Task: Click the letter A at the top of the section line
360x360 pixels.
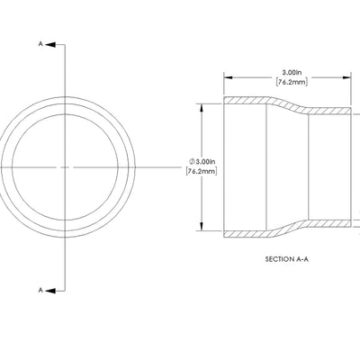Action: coord(40,43)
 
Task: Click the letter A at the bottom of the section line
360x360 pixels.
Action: coord(40,290)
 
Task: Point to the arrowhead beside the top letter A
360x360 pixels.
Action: coord(51,43)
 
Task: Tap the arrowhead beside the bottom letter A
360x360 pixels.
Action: coord(51,290)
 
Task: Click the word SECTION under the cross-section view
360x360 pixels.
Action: coord(280,259)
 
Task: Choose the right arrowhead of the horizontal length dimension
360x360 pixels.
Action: coord(348,76)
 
